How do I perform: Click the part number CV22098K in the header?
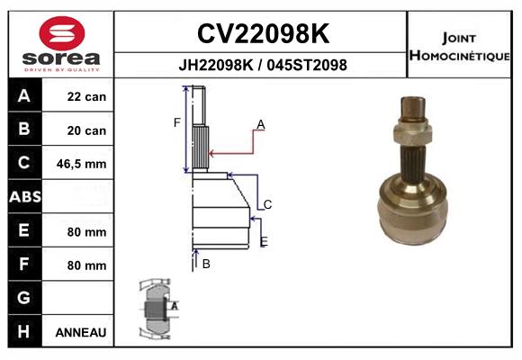tap(262, 35)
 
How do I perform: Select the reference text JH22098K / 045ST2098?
tap(262, 66)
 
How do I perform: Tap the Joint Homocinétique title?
tap(462, 46)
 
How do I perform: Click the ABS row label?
tap(23, 197)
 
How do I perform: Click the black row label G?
tap(23, 298)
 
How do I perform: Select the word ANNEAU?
tap(81, 332)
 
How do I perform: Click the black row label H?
tap(23, 331)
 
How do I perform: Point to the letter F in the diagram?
tap(177, 121)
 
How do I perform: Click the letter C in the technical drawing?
tap(267, 204)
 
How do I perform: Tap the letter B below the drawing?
tap(206, 264)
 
